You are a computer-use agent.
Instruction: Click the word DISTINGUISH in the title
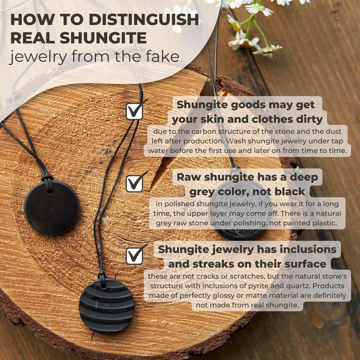click(144, 20)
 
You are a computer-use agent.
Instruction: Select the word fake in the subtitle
click(163, 56)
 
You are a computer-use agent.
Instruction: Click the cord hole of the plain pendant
click(49, 190)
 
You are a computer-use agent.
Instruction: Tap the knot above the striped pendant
click(102, 276)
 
